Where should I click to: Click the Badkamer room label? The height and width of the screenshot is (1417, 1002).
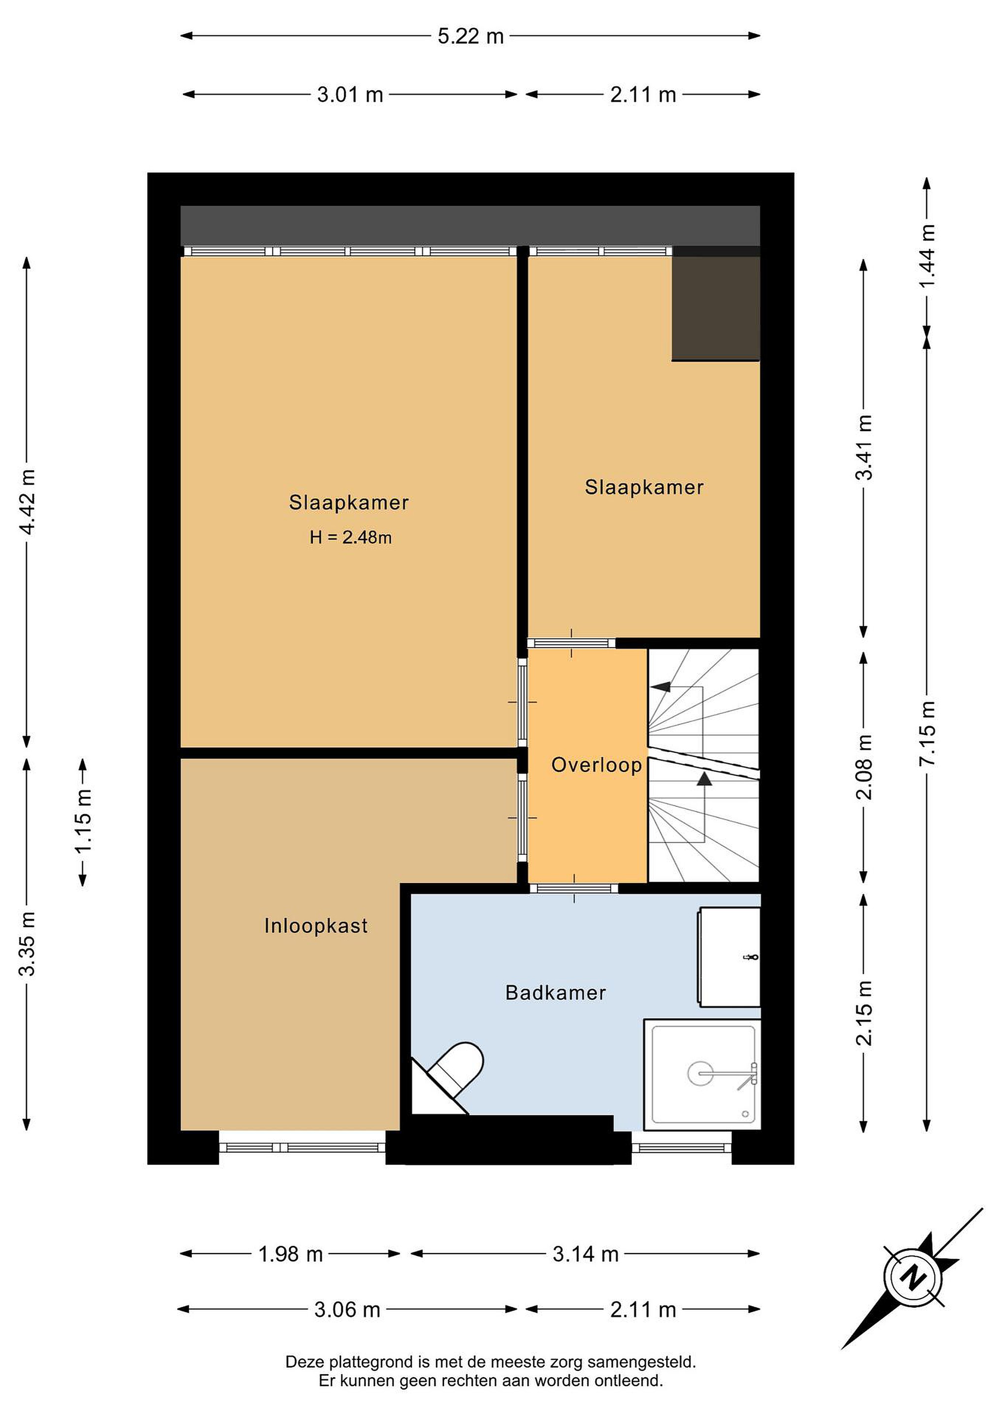555,992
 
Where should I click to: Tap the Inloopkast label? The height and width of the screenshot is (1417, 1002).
316,926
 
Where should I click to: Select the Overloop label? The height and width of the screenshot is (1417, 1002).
596,765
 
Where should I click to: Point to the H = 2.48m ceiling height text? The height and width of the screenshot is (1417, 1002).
350,538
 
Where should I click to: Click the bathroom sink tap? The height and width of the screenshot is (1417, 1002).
751,958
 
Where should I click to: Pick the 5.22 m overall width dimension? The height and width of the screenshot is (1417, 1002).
471,36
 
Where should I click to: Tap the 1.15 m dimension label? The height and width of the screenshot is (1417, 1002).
83,821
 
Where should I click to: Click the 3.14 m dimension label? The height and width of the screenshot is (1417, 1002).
585,1254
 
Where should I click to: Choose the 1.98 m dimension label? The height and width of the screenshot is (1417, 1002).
291,1254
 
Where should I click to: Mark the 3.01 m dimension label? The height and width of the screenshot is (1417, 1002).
350,95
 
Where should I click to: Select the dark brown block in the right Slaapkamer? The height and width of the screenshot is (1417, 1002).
716,308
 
